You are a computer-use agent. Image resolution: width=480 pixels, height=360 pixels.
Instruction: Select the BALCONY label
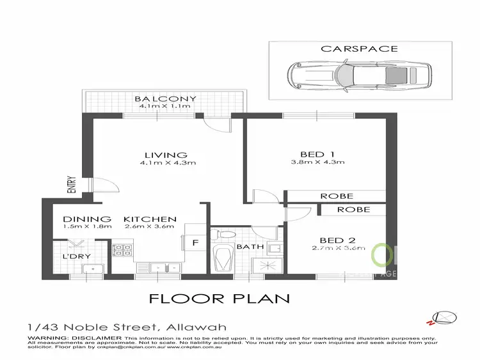click(x=165, y=98)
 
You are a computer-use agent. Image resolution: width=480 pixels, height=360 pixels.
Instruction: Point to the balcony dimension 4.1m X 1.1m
click(x=165, y=106)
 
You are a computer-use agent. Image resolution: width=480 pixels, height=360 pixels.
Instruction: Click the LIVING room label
click(x=165, y=155)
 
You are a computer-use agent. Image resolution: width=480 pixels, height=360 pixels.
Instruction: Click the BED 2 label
click(x=324, y=240)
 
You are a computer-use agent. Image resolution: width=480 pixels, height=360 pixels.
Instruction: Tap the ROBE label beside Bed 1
click(x=337, y=196)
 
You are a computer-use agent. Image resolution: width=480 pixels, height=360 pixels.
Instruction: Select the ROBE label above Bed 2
click(x=353, y=209)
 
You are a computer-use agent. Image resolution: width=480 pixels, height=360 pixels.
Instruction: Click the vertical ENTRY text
click(x=72, y=185)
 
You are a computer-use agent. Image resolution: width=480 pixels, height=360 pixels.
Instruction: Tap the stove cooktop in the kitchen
click(x=122, y=250)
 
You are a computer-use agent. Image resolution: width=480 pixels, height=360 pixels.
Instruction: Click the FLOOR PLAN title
click(x=219, y=298)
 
